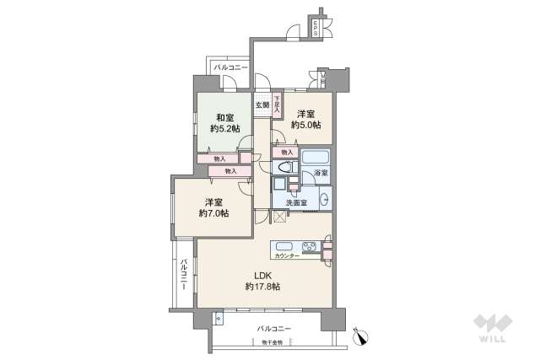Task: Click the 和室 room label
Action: click(225, 117)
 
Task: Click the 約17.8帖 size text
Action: click(263, 287)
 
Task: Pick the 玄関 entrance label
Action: click(262, 105)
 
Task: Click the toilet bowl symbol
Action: click(282, 165)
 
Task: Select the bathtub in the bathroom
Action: click(316, 158)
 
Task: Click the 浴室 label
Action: click(321, 174)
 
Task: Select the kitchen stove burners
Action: click(310, 248)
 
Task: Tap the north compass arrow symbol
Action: click(364, 336)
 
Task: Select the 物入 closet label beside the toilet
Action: click(287, 153)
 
